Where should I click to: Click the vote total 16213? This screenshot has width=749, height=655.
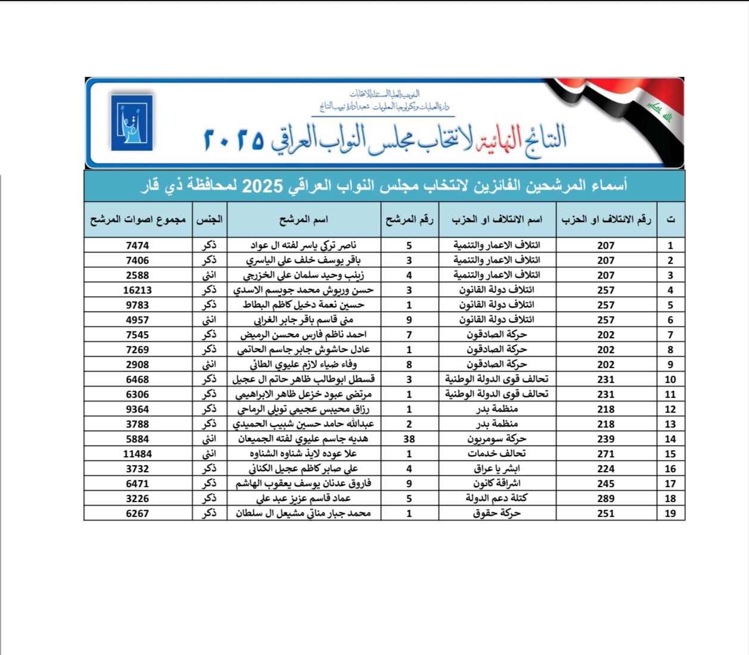pyautogui.click(x=138, y=290)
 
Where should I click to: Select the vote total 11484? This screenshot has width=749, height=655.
pyautogui.click(x=138, y=454)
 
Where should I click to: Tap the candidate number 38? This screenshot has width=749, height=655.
pyautogui.click(x=409, y=439)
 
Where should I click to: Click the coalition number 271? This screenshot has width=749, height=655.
pyautogui.click(x=606, y=454)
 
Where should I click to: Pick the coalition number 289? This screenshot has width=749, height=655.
pyautogui.click(x=606, y=498)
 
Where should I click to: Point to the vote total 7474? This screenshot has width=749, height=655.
pyautogui.click(x=138, y=245)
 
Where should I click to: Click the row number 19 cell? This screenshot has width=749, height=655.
pyautogui.click(x=670, y=513)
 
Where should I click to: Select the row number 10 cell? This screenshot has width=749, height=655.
pyautogui.click(x=670, y=379)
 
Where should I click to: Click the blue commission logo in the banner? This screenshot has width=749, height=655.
pyautogui.click(x=132, y=123)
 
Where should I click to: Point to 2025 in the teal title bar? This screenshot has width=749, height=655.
pyautogui.click(x=262, y=186)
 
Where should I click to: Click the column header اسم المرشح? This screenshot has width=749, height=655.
pyautogui.click(x=303, y=220)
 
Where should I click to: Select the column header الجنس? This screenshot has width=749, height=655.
pyautogui.click(x=209, y=220)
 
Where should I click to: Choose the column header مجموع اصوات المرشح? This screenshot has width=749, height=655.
pyautogui.click(x=138, y=220)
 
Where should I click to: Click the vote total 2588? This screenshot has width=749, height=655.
pyautogui.click(x=138, y=275)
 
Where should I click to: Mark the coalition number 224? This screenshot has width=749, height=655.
pyautogui.click(x=606, y=469)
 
